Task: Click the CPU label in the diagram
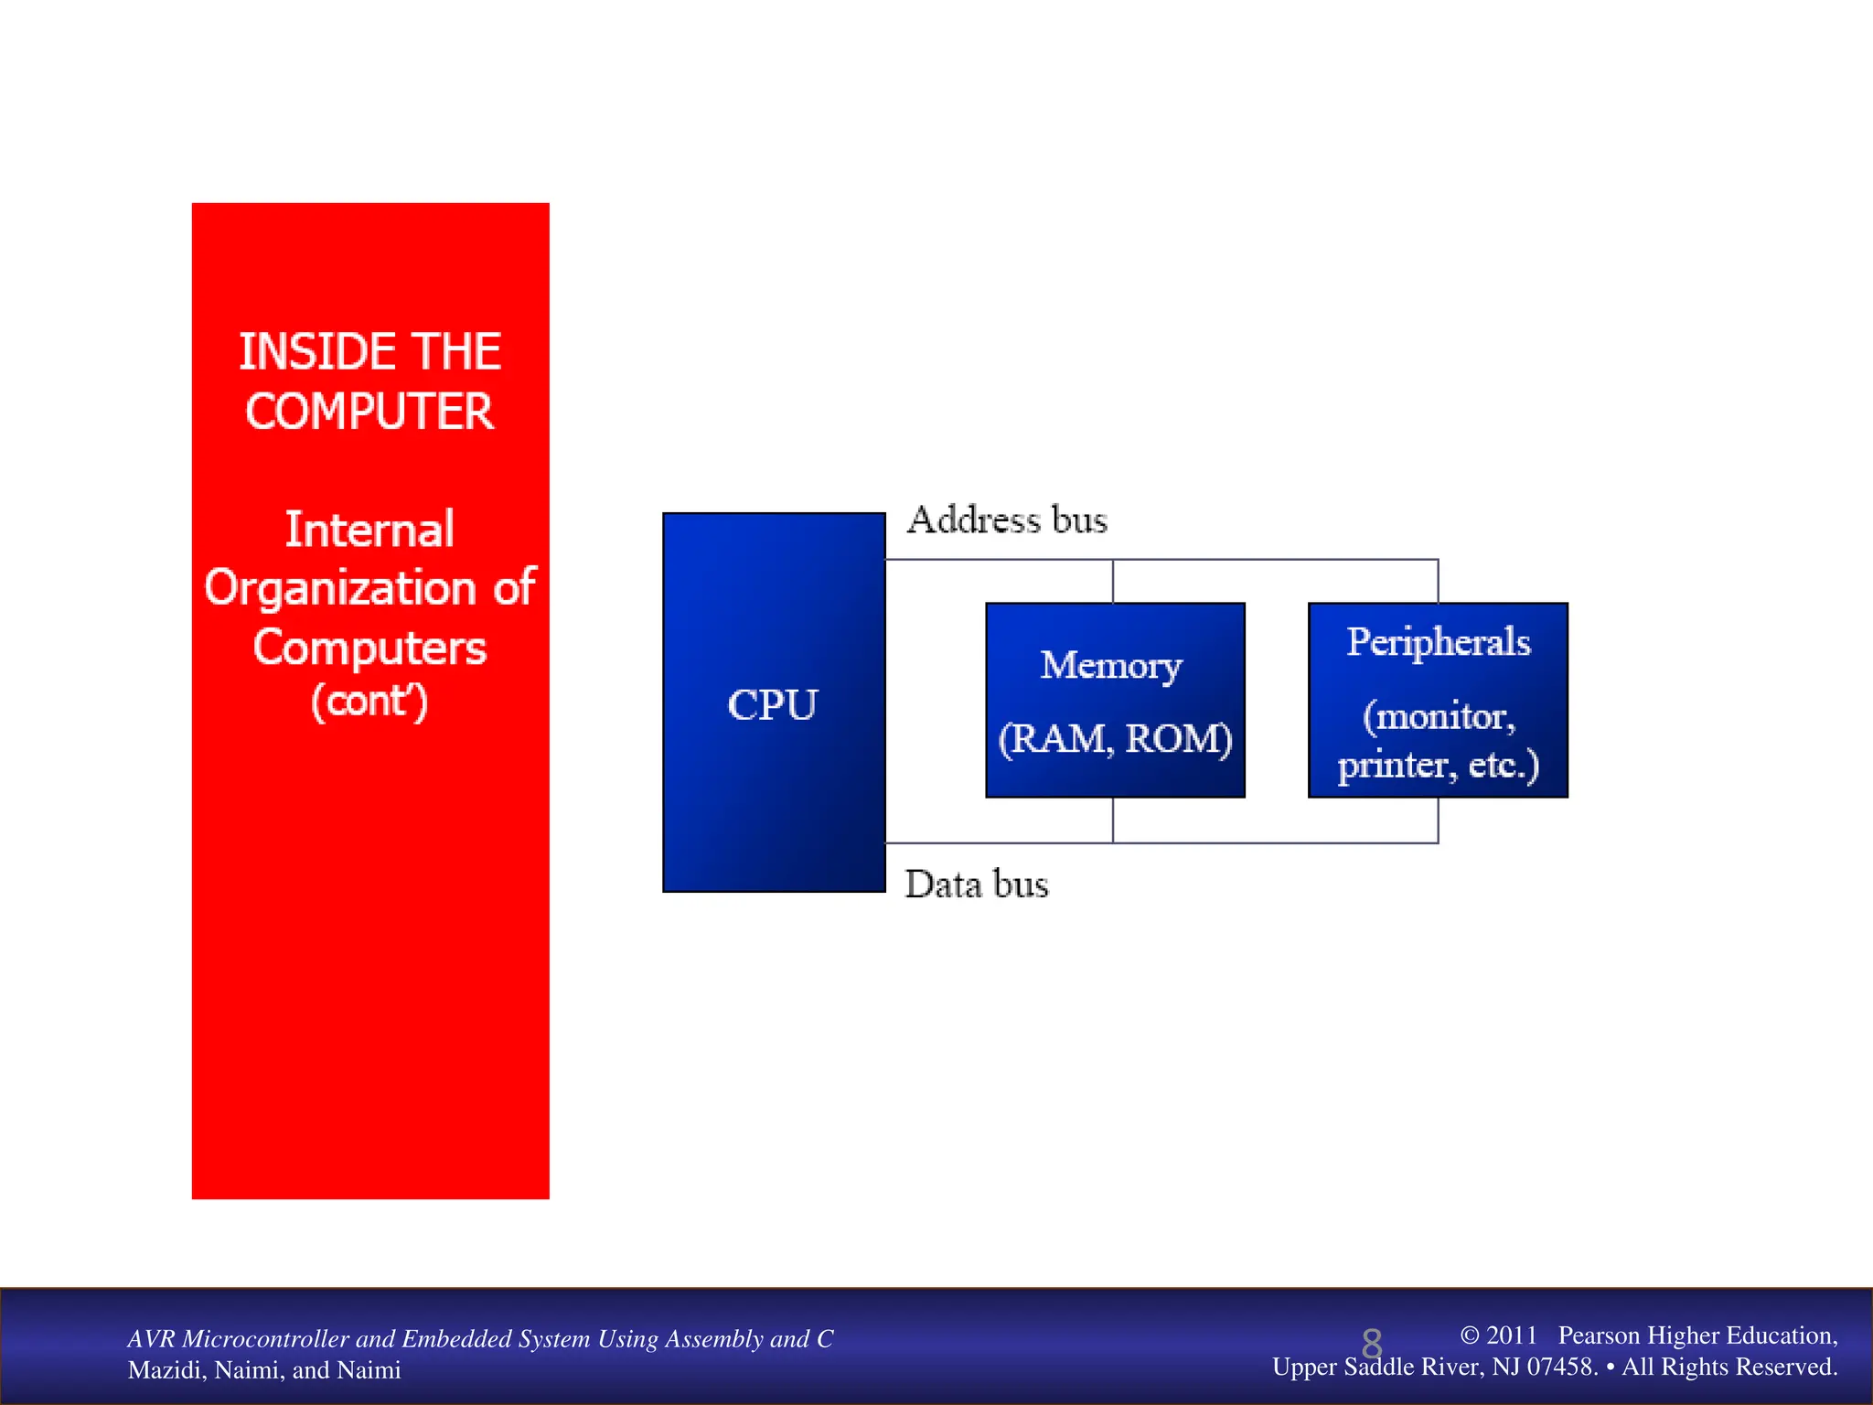tap(772, 705)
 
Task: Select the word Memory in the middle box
tap(1111, 666)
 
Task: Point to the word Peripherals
tap(1439, 643)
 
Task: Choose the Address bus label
tap(1007, 520)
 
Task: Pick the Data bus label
tap(977, 885)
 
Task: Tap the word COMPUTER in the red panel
tap(369, 412)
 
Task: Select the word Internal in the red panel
tap(369, 530)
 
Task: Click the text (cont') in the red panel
tap(369, 702)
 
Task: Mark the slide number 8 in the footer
tap(1372, 1344)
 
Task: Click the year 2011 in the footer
tap(1511, 1335)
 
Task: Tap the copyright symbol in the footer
tap(1469, 1335)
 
